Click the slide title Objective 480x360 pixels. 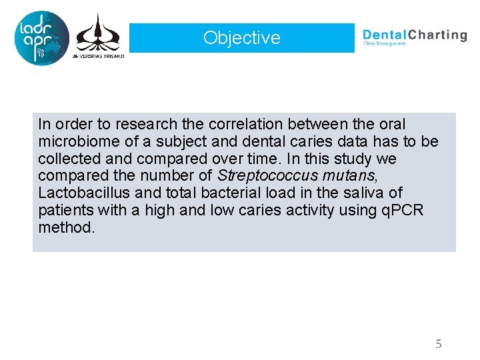pos(242,38)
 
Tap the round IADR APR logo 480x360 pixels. pos(41,38)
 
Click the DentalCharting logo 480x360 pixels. pos(414,36)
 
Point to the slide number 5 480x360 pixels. pos(438,344)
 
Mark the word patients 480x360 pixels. pos(65,211)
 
